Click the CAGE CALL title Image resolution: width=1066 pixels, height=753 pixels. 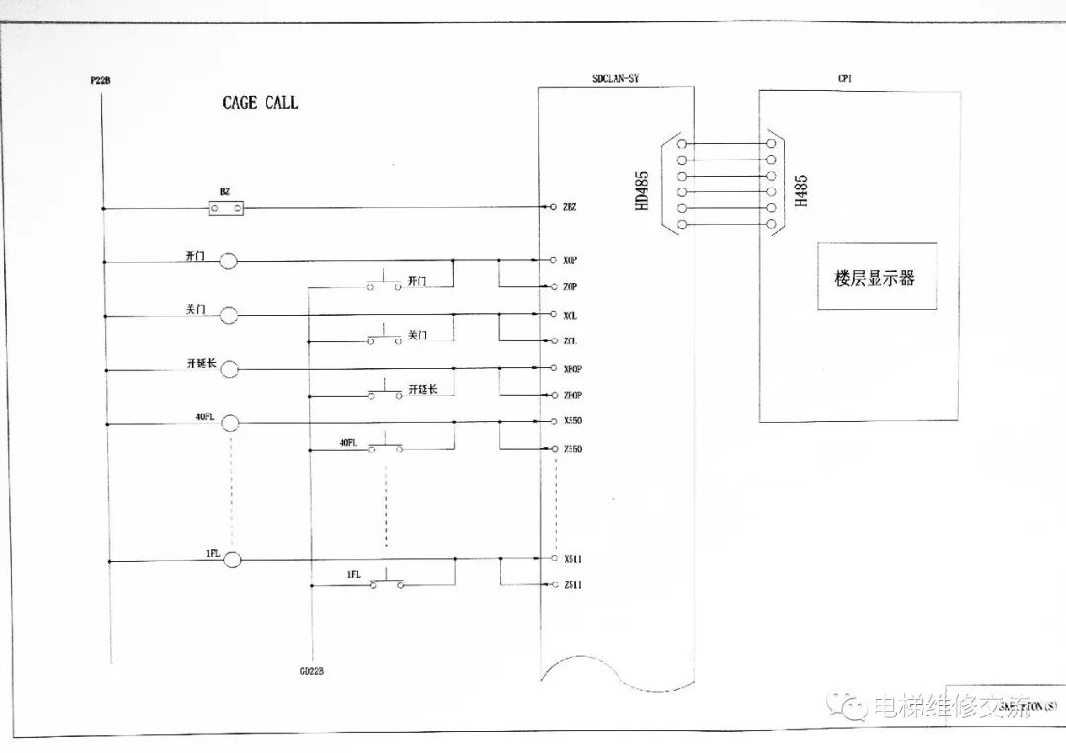tap(260, 103)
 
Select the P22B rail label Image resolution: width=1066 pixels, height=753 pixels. tap(99, 78)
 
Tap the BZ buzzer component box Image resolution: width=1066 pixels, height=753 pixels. tap(226, 207)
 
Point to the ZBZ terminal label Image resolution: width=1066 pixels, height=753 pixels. tap(570, 207)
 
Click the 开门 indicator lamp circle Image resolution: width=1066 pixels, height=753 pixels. tap(228, 261)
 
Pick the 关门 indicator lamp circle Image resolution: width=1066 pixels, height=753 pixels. tap(229, 315)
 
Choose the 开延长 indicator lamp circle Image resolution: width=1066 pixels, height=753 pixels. tap(229, 369)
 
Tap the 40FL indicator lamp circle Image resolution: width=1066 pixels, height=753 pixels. tap(230, 423)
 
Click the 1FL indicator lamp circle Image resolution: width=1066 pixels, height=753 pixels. tap(232, 560)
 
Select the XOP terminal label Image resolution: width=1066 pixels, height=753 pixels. tap(571, 260)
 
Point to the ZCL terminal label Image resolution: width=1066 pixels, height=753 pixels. tap(571, 340)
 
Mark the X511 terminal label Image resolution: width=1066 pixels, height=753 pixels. tap(572, 558)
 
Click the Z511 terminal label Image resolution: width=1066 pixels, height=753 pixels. tap(572, 585)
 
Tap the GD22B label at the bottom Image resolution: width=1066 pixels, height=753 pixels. tap(312, 671)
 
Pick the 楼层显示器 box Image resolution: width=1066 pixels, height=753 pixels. tap(876, 277)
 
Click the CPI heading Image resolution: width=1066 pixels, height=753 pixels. tap(844, 77)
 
